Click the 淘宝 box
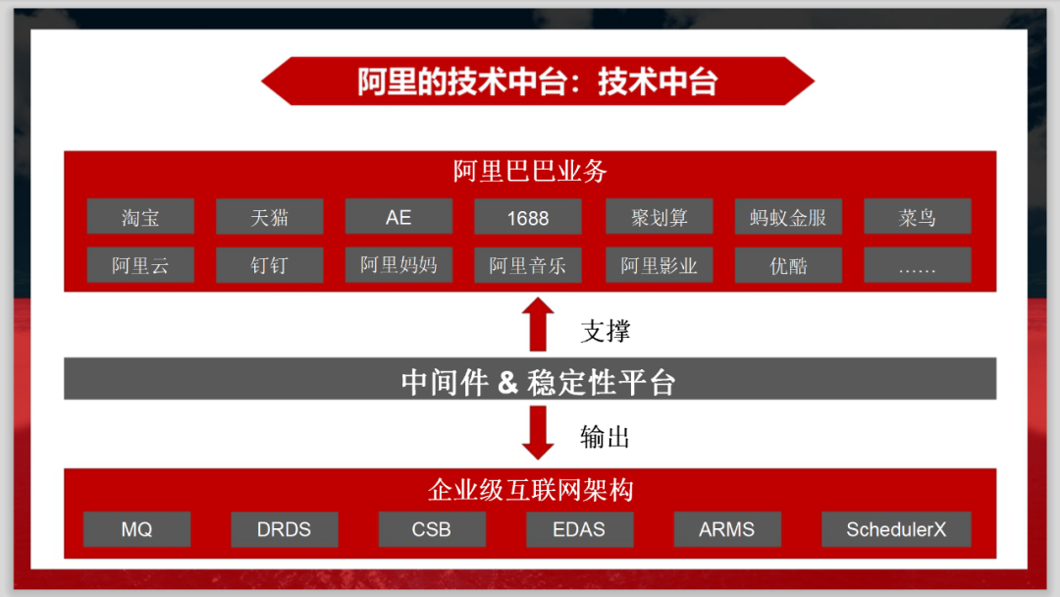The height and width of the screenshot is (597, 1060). coord(140,217)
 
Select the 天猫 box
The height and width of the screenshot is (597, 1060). coord(269,217)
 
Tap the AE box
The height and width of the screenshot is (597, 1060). coord(398,217)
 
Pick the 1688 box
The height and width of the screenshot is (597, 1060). coord(528,217)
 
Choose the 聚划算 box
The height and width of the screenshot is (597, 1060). coord(660,217)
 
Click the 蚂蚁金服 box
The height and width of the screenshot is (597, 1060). coord(788,217)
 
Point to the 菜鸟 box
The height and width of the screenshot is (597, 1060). coord(917,217)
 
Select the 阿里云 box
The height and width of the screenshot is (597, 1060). coord(140,265)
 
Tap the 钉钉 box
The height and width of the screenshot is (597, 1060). coord(269,265)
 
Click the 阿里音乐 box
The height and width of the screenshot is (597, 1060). coord(528,265)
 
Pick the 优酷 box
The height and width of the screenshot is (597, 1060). coord(788,265)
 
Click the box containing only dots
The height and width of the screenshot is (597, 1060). coord(917,265)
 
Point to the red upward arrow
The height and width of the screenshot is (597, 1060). coord(538,325)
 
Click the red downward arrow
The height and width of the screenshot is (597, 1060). coord(538,432)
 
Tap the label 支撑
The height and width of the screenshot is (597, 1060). coord(606,331)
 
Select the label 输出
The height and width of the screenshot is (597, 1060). coord(606,437)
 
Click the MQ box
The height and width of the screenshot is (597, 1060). coord(137,529)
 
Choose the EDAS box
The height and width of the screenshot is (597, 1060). coord(579,529)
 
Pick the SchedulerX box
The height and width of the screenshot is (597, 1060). coord(896,529)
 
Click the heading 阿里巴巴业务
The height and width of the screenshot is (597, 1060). coord(530,171)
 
